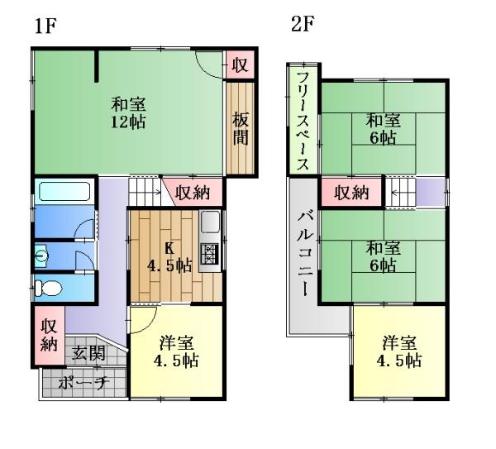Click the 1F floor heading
click(45, 26)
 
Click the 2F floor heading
click(303, 24)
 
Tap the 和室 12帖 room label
click(128, 113)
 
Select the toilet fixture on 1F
click(48, 288)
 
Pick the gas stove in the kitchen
click(209, 254)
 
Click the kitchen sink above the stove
click(210, 222)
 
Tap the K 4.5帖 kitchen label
click(169, 257)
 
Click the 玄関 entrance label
click(88, 353)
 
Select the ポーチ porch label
click(83, 383)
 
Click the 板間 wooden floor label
click(241, 128)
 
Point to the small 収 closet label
click(240, 64)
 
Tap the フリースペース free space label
click(303, 121)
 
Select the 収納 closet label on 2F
click(352, 193)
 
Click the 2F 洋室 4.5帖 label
click(399, 351)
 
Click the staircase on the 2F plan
click(400, 193)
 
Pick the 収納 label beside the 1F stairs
click(193, 192)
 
